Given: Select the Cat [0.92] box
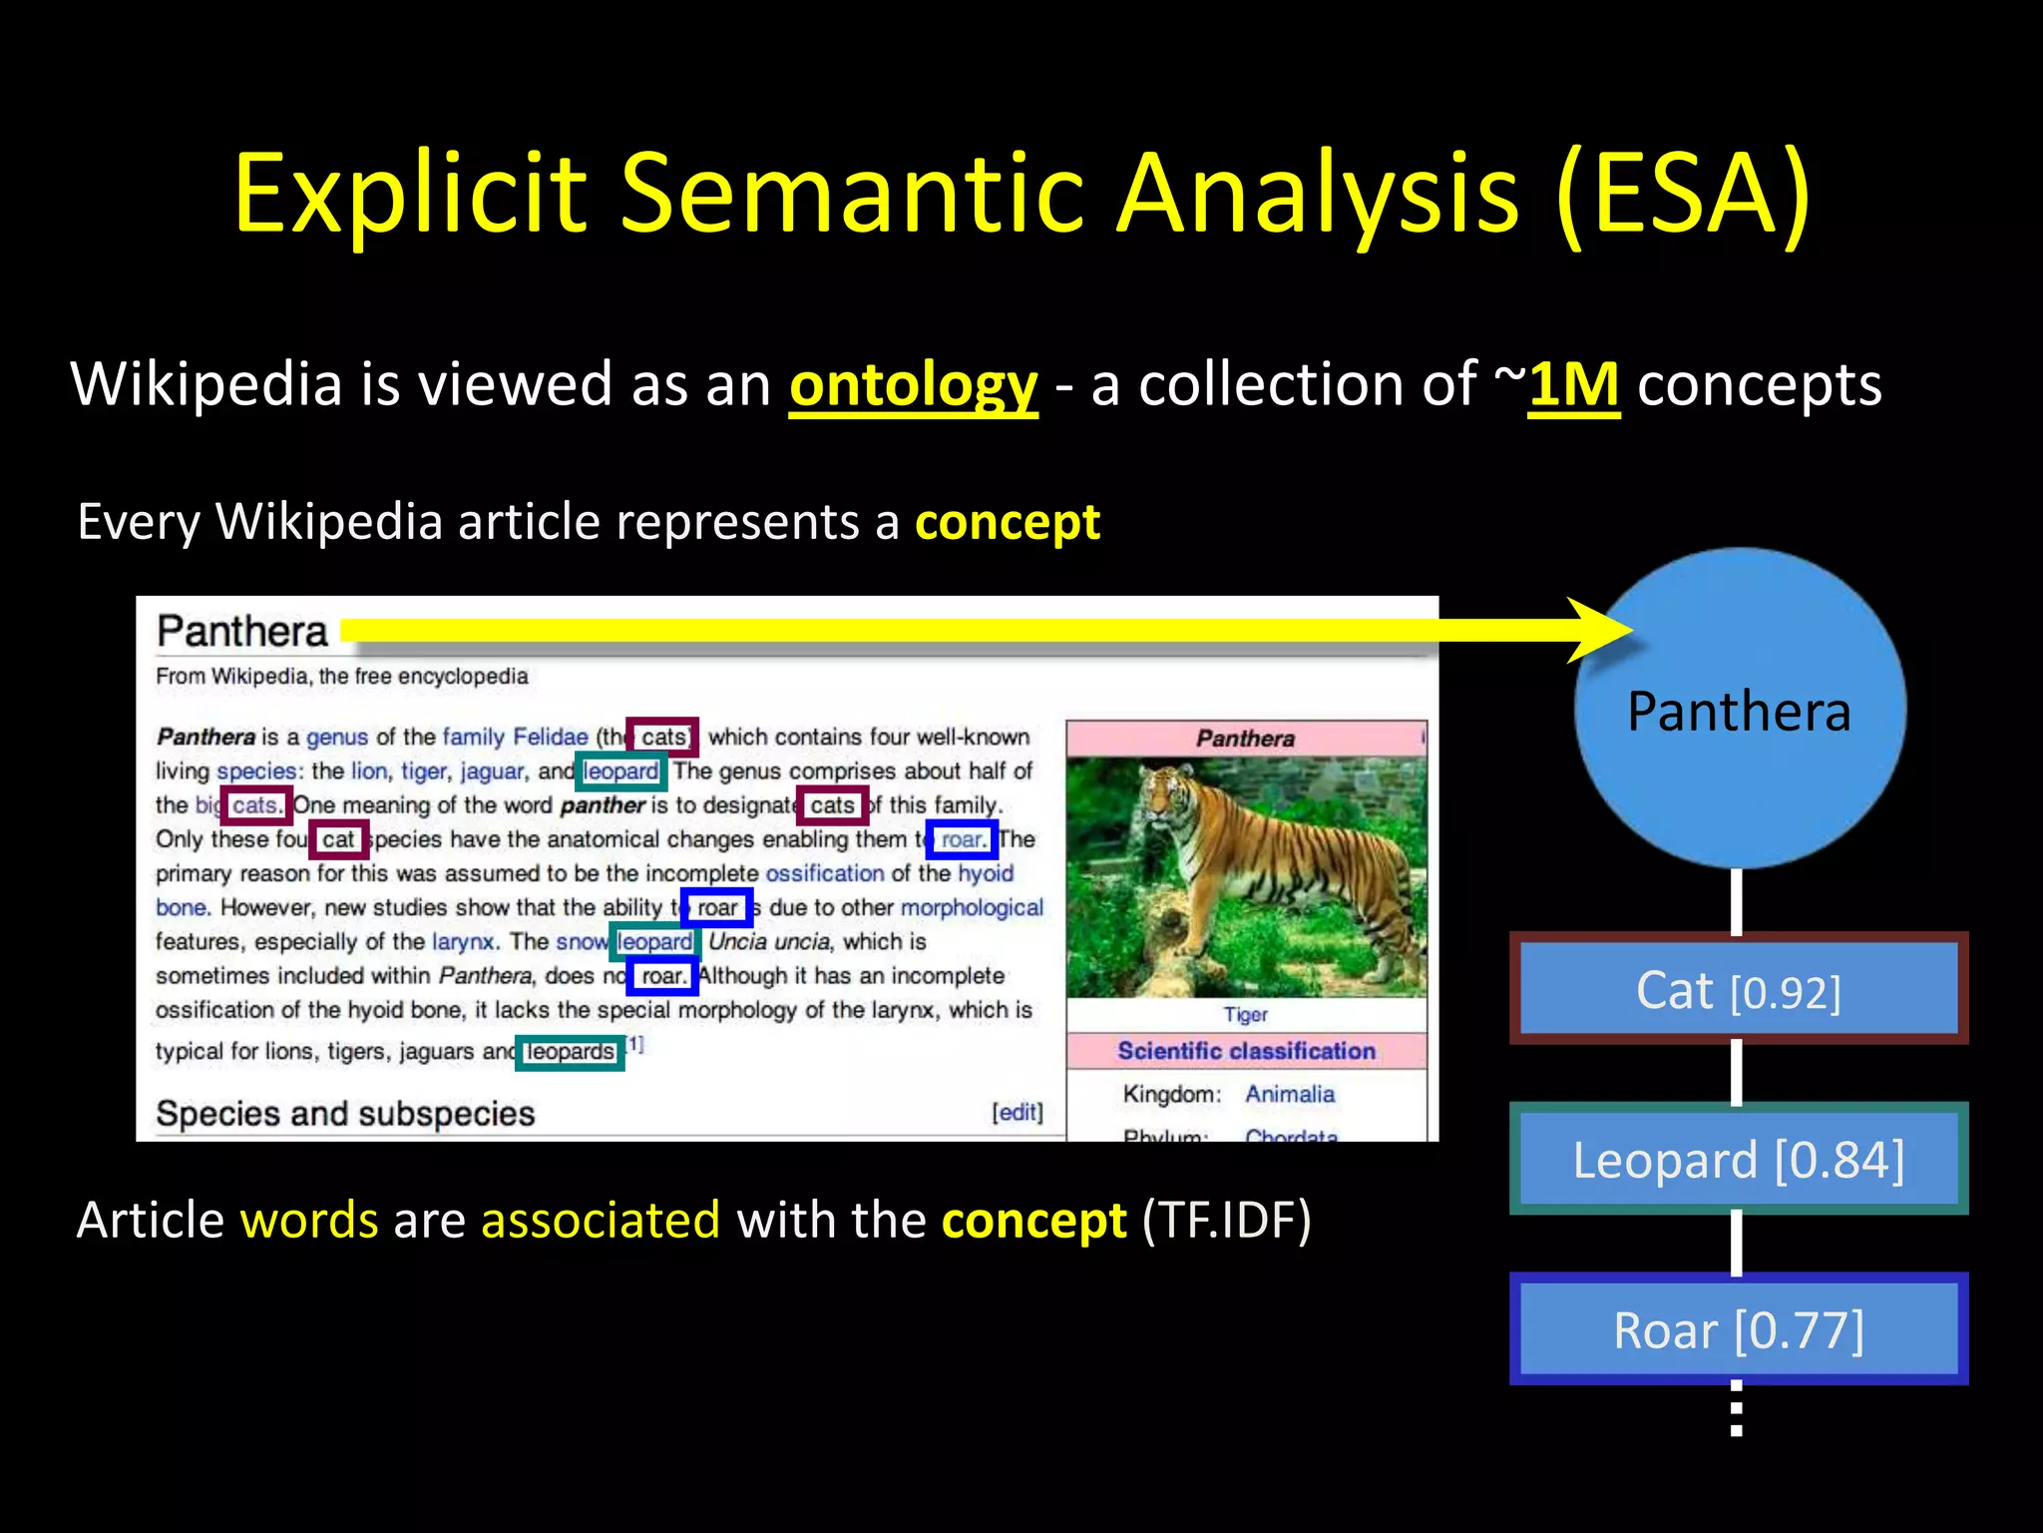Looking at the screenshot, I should click(x=1738, y=989).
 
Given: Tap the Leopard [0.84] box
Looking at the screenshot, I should click(x=1738, y=1159).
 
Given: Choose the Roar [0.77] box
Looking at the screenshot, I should click(x=1738, y=1329).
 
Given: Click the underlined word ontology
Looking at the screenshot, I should click(x=913, y=384).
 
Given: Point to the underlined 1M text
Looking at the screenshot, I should click(x=1573, y=384).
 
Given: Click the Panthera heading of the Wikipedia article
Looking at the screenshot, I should click(x=242, y=632).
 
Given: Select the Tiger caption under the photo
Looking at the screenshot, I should click(x=1245, y=1014).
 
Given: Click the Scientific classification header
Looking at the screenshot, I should click(x=1246, y=1050).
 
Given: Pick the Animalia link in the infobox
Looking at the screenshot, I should click(x=1289, y=1094).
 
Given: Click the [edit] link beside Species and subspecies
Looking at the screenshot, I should click(x=1017, y=1112).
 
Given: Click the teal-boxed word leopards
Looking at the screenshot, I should click(x=570, y=1052).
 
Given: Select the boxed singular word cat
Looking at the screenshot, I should click(x=338, y=839).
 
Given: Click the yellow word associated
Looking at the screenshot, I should click(x=600, y=1220).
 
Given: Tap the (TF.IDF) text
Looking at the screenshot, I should click(x=1226, y=1220).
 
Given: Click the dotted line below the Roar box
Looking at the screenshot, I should click(x=1737, y=1409).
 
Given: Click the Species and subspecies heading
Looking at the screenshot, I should click(x=345, y=1113).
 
